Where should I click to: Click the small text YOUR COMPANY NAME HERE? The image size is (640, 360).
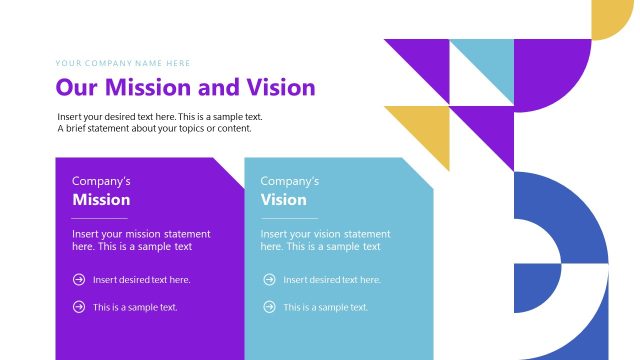pyautogui.click(x=122, y=63)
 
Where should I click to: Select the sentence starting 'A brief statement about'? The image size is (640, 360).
pyautogui.click(x=154, y=128)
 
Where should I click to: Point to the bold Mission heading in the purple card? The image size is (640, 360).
pyautogui.click(x=101, y=200)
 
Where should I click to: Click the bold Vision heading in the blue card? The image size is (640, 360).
pyautogui.click(x=283, y=200)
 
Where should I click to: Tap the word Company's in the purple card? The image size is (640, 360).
pyautogui.click(x=101, y=181)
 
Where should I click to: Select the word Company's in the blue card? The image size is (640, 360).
pyautogui.click(x=290, y=181)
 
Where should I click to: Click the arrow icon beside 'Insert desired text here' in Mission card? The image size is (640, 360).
pyautogui.click(x=79, y=280)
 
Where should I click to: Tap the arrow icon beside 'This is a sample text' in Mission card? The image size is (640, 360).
pyautogui.click(x=79, y=307)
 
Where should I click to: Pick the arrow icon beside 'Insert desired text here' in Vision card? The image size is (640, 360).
pyautogui.click(x=268, y=280)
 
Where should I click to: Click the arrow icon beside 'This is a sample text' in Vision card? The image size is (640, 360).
pyautogui.click(x=268, y=307)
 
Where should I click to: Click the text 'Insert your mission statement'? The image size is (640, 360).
pyautogui.click(x=141, y=233)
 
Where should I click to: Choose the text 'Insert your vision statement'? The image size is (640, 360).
pyautogui.click(x=325, y=233)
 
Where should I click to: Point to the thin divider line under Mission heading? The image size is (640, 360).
pyautogui.click(x=100, y=217)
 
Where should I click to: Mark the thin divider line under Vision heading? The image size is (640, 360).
pyautogui.click(x=289, y=217)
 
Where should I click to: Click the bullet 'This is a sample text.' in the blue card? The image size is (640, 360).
pyautogui.click(x=325, y=307)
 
